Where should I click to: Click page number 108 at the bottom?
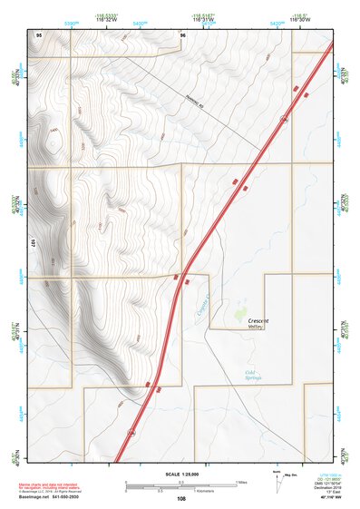[180, 499]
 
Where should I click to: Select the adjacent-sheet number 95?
[39, 34]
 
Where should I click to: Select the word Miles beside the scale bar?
[242, 481]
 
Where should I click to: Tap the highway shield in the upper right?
[285, 118]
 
